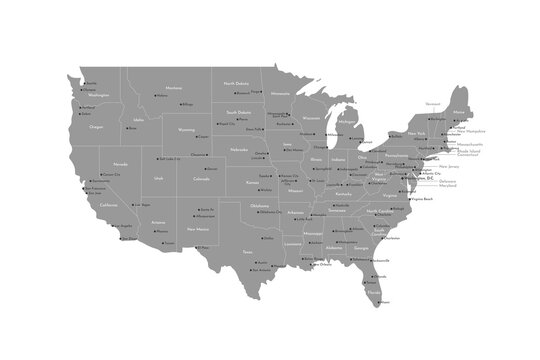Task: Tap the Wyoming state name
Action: pos(186,130)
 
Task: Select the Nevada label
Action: pos(120,163)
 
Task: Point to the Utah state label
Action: pos(159,178)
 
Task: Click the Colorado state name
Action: pos(201,180)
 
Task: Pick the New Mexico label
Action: pos(198,229)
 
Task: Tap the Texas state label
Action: pos(247,252)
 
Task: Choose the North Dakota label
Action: pos(236,83)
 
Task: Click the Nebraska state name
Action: pos(238,149)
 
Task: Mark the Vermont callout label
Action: pos(432,103)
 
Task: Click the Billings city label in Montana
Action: pos(188,104)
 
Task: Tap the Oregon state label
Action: pos(96,127)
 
